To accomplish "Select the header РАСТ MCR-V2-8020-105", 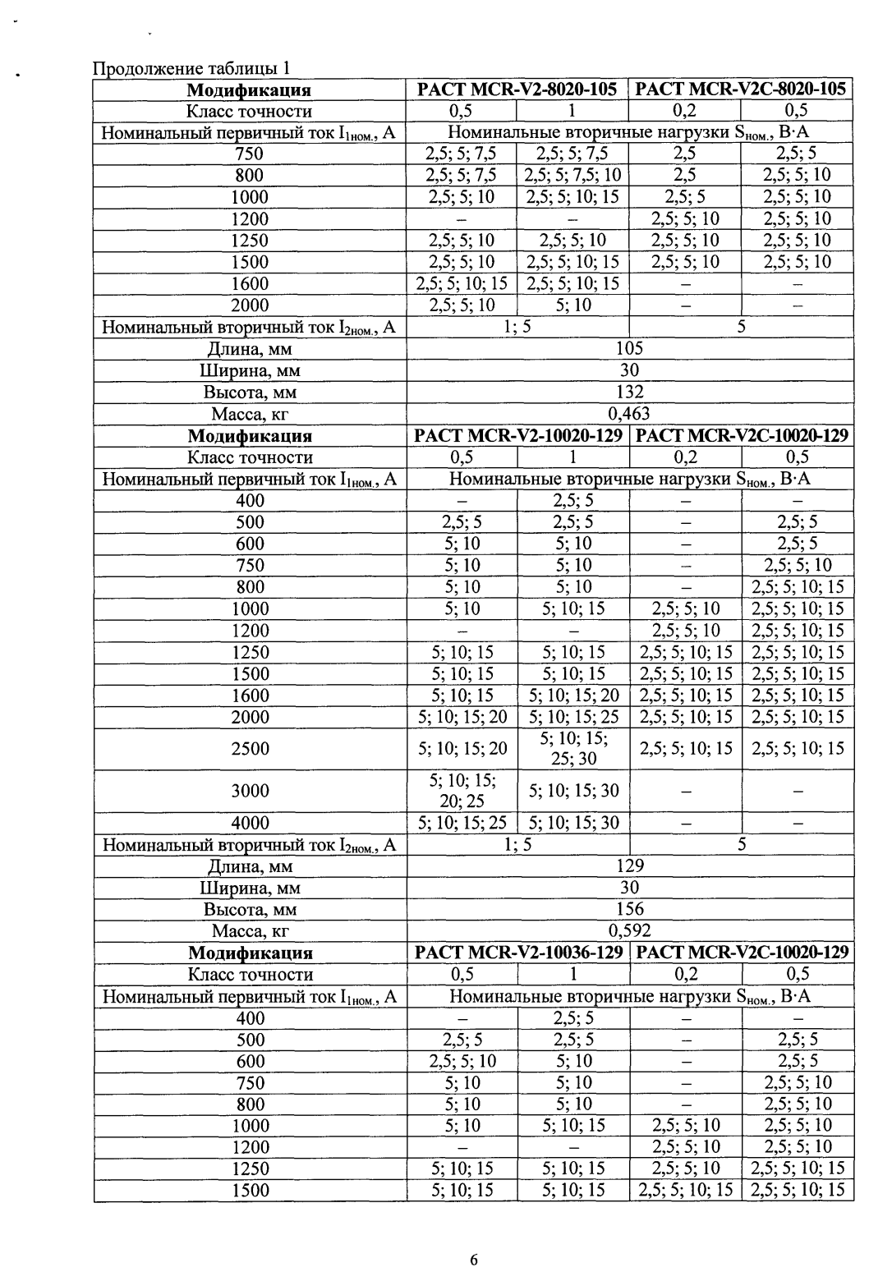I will (x=517, y=90).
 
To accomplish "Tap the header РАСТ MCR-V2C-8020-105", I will (x=741, y=90).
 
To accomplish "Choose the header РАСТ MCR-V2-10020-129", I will (x=518, y=436).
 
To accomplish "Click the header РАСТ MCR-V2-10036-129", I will (x=518, y=953).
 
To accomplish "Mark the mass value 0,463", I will (x=629, y=414).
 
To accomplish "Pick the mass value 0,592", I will (x=629, y=930).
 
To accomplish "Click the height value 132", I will (x=629, y=393).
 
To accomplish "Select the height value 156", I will (x=629, y=909).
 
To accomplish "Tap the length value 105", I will (x=629, y=349).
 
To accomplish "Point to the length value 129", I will (x=629, y=865).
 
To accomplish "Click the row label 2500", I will (x=250, y=748).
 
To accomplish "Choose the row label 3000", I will (x=250, y=791).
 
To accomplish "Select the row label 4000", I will (x=250, y=823).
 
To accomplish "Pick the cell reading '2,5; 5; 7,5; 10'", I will (x=573, y=175).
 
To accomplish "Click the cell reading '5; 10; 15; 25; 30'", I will (x=573, y=748).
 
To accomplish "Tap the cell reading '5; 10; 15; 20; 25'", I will (x=462, y=791).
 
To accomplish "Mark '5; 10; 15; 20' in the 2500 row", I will (x=462, y=748).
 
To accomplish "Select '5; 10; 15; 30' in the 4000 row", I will (x=573, y=823).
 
